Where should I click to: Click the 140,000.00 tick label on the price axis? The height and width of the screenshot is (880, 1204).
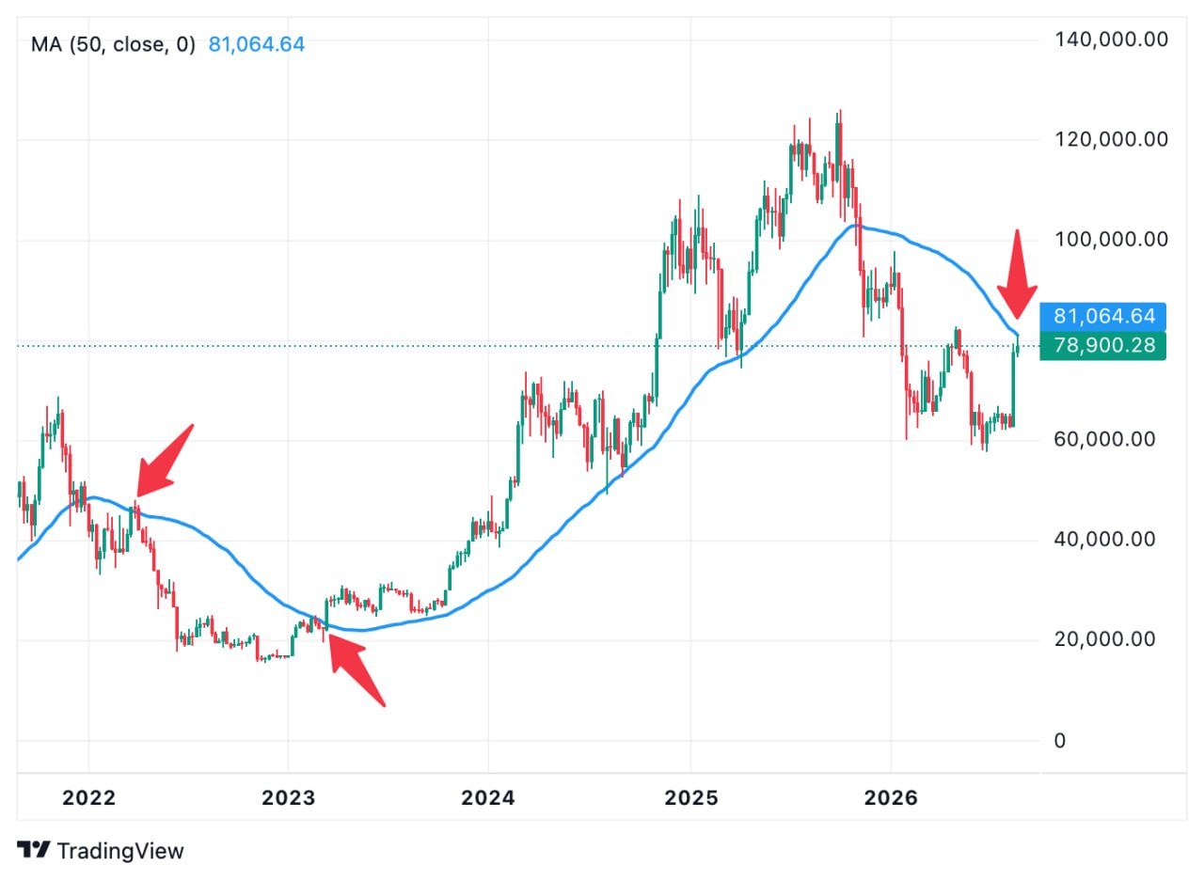(x=1111, y=39)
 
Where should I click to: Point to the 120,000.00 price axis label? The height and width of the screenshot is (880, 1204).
(x=1111, y=139)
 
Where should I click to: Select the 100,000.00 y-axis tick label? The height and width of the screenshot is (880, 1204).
(x=1111, y=239)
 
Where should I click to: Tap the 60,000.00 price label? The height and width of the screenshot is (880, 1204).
(x=1104, y=439)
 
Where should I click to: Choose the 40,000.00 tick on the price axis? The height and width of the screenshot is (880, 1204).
(x=1104, y=539)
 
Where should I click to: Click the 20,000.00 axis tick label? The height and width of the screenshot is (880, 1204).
(x=1104, y=638)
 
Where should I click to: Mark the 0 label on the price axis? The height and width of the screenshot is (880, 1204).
(x=1059, y=741)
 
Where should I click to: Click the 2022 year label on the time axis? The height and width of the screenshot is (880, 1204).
(x=88, y=798)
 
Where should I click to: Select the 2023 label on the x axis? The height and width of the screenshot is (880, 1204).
(x=288, y=798)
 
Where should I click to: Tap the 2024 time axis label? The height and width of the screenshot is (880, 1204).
(x=488, y=798)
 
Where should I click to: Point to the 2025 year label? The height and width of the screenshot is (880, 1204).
(x=691, y=798)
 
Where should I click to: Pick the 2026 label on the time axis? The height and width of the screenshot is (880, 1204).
(x=891, y=798)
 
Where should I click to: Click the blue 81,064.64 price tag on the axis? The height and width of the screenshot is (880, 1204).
(x=1103, y=317)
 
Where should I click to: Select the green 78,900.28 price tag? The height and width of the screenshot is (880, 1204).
(x=1103, y=345)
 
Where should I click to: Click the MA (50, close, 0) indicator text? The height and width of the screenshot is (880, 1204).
(x=113, y=44)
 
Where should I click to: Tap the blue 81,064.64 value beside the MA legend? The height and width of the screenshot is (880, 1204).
(x=257, y=44)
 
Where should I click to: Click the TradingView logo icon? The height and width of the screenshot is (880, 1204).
(x=33, y=851)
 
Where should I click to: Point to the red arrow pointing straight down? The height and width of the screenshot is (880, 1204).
(x=1017, y=274)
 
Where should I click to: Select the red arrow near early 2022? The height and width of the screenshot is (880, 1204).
(x=165, y=461)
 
